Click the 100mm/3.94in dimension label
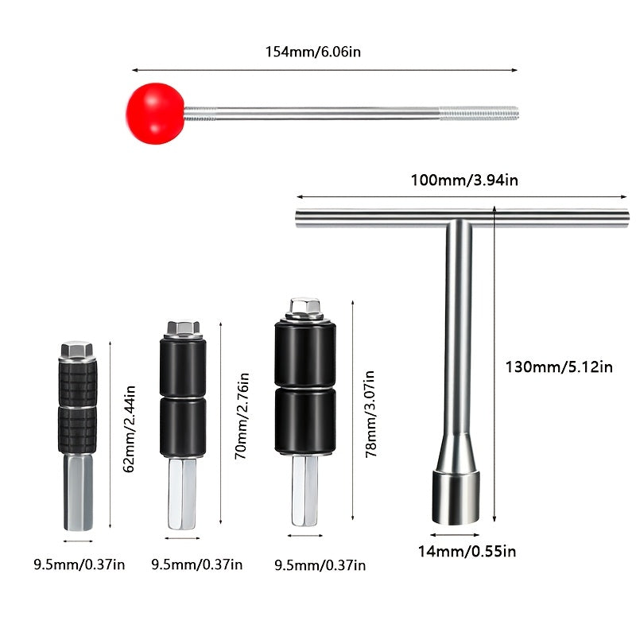click(464, 180)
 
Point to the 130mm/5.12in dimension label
click(560, 367)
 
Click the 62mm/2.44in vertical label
click(130, 429)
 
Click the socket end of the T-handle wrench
click(455, 495)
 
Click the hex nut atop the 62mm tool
click(77, 351)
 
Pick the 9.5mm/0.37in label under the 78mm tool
click(320, 565)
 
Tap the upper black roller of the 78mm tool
click(304, 353)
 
